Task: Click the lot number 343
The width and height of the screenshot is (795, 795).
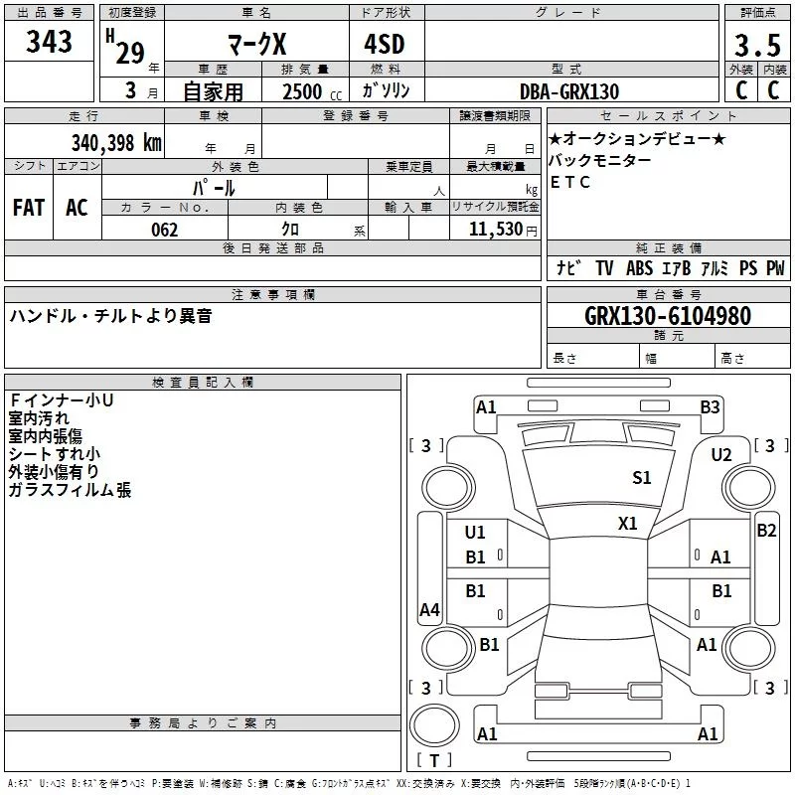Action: point(50,42)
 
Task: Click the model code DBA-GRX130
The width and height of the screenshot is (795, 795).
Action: point(569,91)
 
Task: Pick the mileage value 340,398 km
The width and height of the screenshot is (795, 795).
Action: point(115,143)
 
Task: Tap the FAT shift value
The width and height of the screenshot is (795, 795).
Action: point(29,208)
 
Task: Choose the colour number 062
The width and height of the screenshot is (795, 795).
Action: point(164,231)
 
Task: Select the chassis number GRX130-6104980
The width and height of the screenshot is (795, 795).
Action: point(667,317)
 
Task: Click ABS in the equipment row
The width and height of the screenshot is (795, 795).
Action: point(639,268)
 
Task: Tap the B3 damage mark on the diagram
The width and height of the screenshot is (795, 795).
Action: point(710,406)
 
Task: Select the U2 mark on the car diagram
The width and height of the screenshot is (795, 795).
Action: point(721,455)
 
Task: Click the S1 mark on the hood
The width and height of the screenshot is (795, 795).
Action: point(642,478)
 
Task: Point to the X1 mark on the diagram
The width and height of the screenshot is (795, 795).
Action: point(628,524)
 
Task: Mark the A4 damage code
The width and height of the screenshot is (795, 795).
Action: point(429,611)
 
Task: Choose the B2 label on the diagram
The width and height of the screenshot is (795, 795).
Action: point(766,531)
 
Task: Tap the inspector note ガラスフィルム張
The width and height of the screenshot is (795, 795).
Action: point(70,490)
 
